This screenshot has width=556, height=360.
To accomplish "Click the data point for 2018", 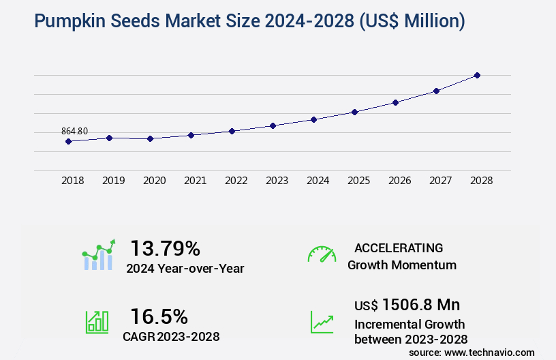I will pos(68,141).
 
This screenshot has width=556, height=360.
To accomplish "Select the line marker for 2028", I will pos(477,75).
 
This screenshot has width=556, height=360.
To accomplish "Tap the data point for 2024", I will pos(313,119).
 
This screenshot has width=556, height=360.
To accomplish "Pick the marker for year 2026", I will pos(395,102).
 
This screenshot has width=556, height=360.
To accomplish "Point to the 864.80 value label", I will pos(74,131).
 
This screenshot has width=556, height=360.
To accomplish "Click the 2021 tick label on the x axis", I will pos(195,181).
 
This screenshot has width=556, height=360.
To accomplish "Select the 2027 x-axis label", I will pos(440,181).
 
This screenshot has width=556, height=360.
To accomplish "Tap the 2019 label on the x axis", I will pos(113,181).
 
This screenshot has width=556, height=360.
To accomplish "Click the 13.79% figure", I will pos(165,247).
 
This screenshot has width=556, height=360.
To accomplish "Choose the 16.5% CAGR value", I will pos(159,316).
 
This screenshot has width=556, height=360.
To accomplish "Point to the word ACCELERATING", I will pos(399,247).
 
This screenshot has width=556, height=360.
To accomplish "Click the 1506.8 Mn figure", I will pos(420,304).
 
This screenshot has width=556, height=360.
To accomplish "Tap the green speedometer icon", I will pos(322,254).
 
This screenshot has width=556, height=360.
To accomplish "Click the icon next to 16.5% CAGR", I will pos(97,322).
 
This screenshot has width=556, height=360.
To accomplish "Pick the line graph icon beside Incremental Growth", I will pos(322,322).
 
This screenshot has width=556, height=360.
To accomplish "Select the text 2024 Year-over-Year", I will pos(185,268).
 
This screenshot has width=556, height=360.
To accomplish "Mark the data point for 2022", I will pos(232,131).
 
